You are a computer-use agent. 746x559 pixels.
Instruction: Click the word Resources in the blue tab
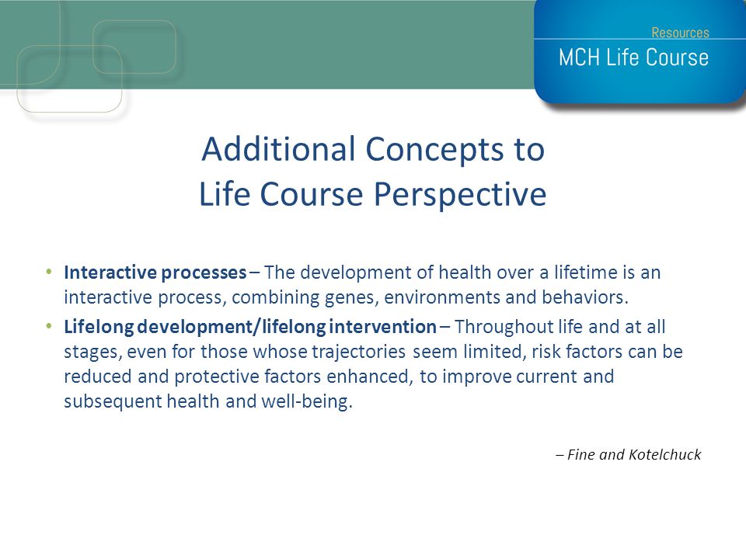680,33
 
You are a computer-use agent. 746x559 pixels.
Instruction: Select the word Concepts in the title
434,150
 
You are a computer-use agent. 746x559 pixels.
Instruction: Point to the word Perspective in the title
460,195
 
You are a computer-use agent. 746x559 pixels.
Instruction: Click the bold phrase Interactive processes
155,273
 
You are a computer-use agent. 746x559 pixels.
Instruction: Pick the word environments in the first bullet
441,297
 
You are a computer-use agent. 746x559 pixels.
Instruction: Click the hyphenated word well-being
307,401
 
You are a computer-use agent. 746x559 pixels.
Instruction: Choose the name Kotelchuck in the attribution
664,454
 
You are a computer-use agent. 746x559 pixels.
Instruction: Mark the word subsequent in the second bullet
113,402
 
